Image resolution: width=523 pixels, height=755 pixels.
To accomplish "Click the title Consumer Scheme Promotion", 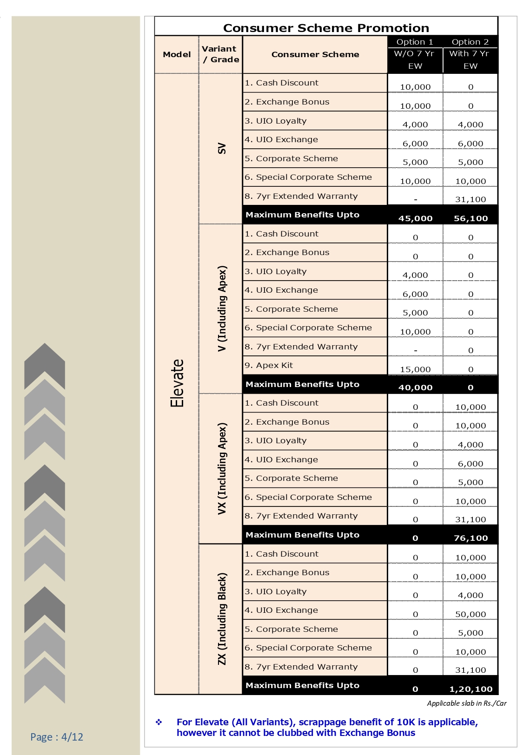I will click(326, 28).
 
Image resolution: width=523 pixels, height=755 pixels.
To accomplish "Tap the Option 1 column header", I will click(415, 42).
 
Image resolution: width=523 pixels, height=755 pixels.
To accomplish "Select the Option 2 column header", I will click(470, 42).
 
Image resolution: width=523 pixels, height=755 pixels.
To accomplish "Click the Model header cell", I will click(177, 54).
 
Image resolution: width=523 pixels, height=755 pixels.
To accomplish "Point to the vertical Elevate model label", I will click(177, 383).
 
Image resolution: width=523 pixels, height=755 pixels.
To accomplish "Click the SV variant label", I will click(222, 149).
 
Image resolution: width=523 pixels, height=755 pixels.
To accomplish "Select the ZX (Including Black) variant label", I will click(222, 618).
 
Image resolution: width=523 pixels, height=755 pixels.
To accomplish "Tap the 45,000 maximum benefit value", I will click(415, 218).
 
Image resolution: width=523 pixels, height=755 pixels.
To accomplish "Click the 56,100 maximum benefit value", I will click(470, 218).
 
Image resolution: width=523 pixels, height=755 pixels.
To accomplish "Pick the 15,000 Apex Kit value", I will click(415, 369).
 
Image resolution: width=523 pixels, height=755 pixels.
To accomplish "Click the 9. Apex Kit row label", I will click(269, 365).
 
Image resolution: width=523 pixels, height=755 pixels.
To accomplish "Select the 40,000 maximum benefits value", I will click(415, 387).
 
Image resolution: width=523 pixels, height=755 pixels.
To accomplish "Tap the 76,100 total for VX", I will click(470, 538).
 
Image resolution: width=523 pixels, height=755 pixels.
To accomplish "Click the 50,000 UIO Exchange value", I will click(470, 614).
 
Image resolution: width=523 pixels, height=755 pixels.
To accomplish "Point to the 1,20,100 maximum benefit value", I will click(470, 689).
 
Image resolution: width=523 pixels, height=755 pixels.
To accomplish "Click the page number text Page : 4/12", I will click(57, 736).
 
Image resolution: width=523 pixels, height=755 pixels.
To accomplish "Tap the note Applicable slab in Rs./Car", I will click(467, 703).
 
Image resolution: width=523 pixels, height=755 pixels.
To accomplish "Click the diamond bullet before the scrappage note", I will click(159, 722).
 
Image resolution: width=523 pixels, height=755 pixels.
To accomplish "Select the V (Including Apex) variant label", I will click(222, 309).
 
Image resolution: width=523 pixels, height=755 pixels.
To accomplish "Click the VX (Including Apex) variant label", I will click(222, 468).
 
